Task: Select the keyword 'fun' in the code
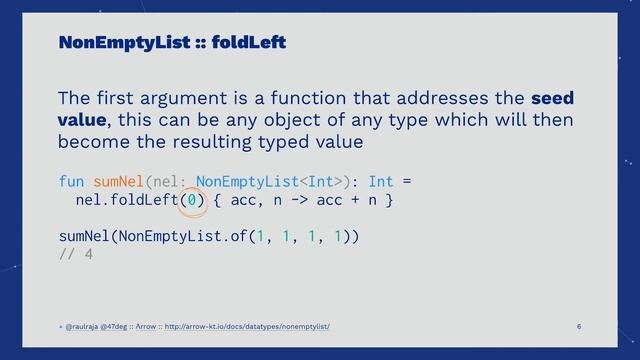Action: point(71,182)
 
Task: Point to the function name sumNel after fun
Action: point(119,182)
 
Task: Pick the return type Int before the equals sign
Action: point(381,182)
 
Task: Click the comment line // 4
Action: point(76,255)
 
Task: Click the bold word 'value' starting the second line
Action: point(85,121)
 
